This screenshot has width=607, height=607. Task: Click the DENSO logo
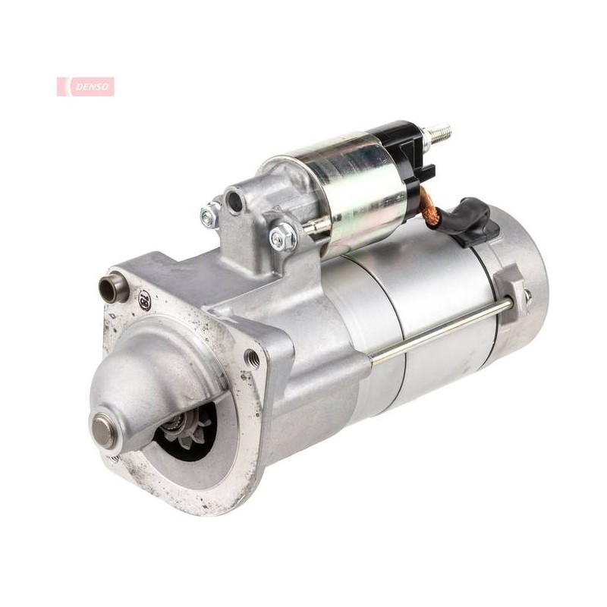(x=86, y=86)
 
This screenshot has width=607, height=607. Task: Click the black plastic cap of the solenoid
(x=411, y=154)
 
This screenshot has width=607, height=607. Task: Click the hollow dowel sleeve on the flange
(x=113, y=289)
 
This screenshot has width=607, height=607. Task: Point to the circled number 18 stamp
(x=145, y=298)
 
